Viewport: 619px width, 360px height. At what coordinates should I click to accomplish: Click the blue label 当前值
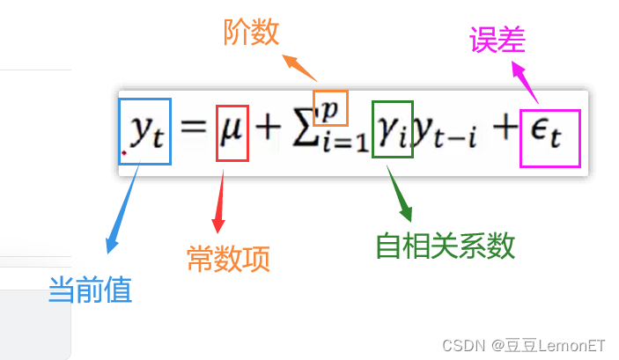point(90,290)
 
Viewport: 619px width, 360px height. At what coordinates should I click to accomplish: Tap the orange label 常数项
point(228,259)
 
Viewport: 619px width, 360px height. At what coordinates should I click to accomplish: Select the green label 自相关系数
point(445,246)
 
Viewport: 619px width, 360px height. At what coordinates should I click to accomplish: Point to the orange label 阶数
point(251,33)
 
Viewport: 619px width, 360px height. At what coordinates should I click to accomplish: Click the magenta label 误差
point(498,40)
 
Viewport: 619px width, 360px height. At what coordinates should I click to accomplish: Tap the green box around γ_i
point(392,133)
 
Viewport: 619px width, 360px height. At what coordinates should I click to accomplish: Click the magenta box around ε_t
point(549,138)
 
